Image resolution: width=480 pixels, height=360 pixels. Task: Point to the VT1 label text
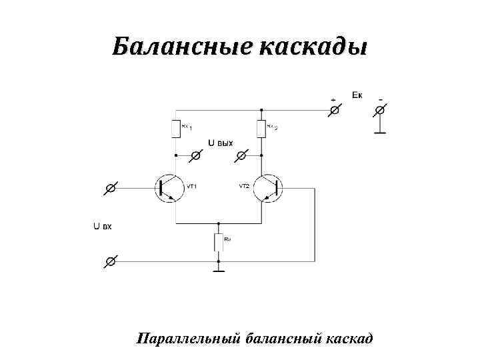point(191,187)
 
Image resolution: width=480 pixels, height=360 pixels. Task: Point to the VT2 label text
point(244,187)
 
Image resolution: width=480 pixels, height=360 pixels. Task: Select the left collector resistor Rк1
point(176,127)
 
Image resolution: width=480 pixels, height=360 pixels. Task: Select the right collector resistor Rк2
point(261,127)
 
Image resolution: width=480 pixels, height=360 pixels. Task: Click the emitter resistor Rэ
point(218,242)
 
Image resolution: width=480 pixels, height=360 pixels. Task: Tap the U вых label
point(221,143)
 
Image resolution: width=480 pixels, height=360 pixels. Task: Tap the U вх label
point(102,227)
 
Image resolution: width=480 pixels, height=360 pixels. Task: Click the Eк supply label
point(357,94)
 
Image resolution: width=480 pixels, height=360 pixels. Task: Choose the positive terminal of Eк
point(335,109)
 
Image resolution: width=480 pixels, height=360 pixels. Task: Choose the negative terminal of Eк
point(380,109)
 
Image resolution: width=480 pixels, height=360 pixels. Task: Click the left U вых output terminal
point(196,155)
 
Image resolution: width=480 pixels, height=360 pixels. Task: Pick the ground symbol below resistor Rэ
point(218,270)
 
